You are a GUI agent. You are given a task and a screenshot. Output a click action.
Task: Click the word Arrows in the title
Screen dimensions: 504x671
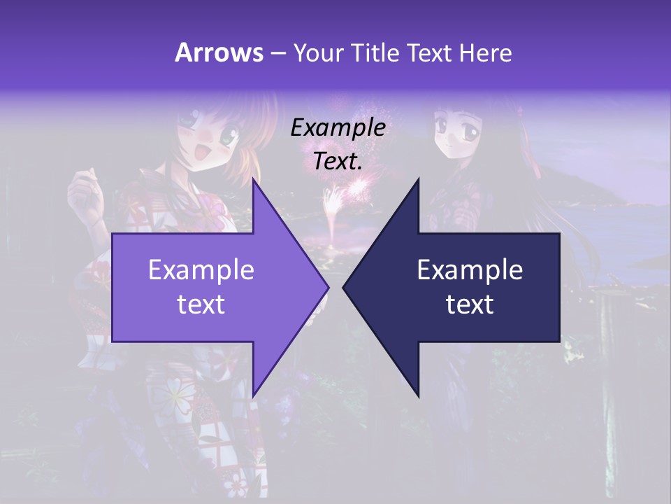click(219, 52)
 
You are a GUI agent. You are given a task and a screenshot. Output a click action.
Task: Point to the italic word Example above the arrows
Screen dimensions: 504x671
click(338, 128)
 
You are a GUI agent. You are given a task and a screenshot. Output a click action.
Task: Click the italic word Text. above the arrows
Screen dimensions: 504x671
click(338, 162)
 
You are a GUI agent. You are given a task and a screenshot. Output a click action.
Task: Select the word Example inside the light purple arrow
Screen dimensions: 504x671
click(201, 269)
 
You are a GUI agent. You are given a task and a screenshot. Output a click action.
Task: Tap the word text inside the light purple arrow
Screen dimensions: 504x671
click(201, 304)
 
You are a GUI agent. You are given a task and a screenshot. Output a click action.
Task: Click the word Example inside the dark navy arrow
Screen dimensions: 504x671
click(470, 269)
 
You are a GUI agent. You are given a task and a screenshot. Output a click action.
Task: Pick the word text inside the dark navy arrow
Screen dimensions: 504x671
click(470, 304)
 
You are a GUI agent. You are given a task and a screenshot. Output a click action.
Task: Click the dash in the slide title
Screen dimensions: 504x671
click(278, 54)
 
